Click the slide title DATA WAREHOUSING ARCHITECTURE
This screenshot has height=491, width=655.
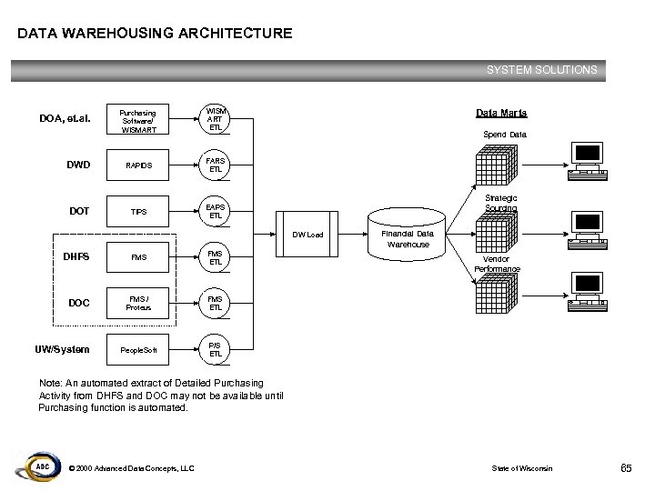tap(155, 34)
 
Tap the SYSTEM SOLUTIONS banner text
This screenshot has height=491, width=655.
tap(541, 69)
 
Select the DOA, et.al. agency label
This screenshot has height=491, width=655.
tap(65, 119)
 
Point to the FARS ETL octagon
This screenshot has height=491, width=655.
tap(215, 165)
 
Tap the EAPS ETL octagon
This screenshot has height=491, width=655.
tap(215, 211)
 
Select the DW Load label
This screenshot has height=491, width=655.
tap(307, 235)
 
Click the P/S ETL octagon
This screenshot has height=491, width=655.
tap(215, 348)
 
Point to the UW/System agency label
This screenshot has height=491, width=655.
tap(62, 348)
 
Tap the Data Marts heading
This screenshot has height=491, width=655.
tap(501, 114)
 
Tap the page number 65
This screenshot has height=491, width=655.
tap(626, 468)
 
